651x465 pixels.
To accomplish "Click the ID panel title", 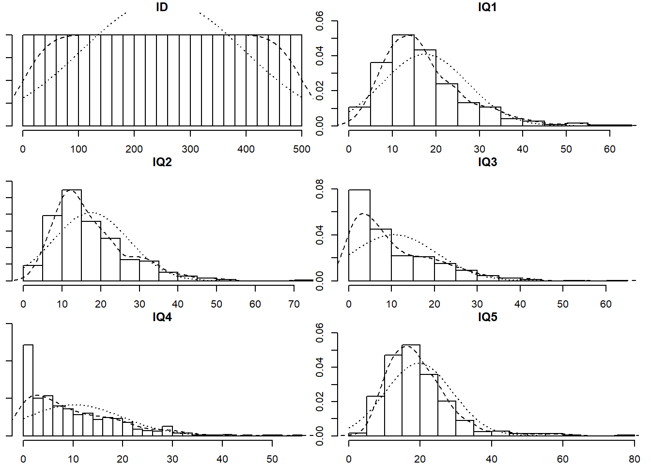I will pyautogui.click(x=162, y=7).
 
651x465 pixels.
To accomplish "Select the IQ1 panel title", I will pyautogui.click(x=487, y=7).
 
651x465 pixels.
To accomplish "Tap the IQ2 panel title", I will pyautogui.click(x=162, y=162).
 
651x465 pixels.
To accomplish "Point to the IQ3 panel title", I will pyautogui.click(x=487, y=162).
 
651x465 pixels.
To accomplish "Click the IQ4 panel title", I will pyautogui.click(x=162, y=317).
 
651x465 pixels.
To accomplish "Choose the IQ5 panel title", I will pyautogui.click(x=487, y=317).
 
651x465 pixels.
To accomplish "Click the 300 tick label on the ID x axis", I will pyautogui.click(x=190, y=149).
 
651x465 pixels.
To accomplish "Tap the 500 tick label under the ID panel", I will pyautogui.click(x=302, y=149).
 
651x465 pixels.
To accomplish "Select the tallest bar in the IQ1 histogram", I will pyautogui.click(x=403, y=80).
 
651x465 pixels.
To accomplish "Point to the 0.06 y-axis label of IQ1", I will pyautogui.click(x=320, y=21).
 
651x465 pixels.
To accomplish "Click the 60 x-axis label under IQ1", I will pyautogui.click(x=609, y=149).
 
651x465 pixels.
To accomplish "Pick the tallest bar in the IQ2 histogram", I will pyautogui.click(x=72, y=235).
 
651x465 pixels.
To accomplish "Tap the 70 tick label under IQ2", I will pyautogui.click(x=294, y=304).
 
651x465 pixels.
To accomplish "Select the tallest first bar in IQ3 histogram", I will pyautogui.click(x=359, y=235).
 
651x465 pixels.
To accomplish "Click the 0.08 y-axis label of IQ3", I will pyautogui.click(x=320, y=189).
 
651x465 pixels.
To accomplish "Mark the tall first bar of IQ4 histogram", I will pyautogui.click(x=28, y=390).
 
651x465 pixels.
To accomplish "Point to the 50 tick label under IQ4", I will pyautogui.click(x=272, y=459).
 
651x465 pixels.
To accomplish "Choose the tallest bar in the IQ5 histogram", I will pyautogui.click(x=411, y=390).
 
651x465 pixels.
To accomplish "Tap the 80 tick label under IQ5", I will pyautogui.click(x=634, y=459).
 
